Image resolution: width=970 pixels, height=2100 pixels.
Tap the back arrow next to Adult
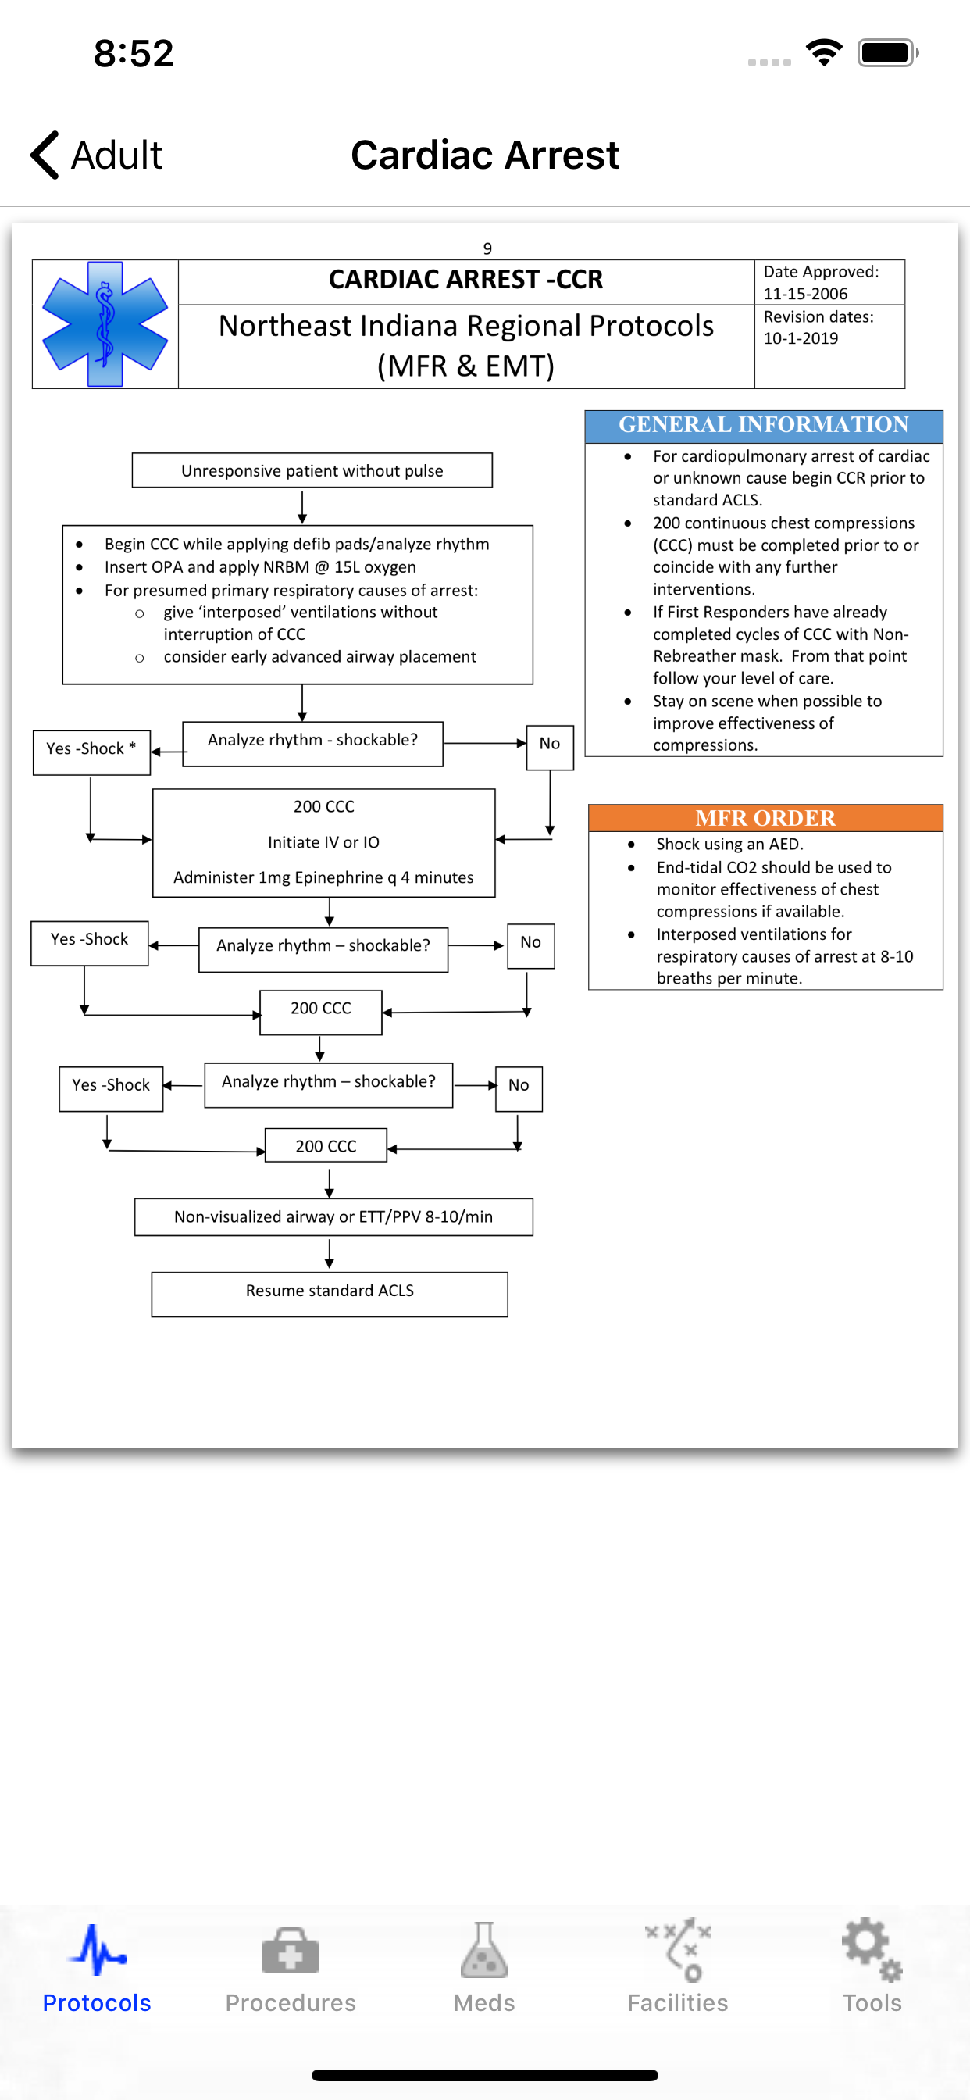pos(45,155)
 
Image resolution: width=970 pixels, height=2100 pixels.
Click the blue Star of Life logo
pos(105,323)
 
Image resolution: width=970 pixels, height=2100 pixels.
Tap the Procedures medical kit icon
pos(291,1950)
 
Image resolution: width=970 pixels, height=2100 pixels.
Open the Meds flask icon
pos(484,1949)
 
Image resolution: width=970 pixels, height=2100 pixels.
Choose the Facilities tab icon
pos(678,1949)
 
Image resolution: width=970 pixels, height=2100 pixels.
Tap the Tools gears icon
pos(872,1949)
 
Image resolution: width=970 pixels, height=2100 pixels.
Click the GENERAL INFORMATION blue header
pos(764,426)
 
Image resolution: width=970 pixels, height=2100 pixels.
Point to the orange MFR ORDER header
pos(765,818)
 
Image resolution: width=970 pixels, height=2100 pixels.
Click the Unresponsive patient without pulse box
pos(312,470)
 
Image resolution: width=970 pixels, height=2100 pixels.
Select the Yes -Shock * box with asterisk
pos(91,752)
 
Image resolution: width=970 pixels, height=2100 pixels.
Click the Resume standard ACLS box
pos(330,1294)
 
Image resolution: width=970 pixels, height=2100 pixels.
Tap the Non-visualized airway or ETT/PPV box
pos(333,1216)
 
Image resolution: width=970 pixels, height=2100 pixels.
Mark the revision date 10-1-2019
pos(801,338)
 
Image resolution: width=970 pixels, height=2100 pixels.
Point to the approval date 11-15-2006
pos(805,294)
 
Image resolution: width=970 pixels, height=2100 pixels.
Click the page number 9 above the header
pos(487,248)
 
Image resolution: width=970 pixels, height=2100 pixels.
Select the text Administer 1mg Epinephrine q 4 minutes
pos(323,877)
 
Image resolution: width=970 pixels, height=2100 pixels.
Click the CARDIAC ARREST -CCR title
pos(465,280)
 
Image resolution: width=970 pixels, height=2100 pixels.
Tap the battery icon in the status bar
pos(888,54)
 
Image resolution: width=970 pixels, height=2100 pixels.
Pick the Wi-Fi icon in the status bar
pos(824,54)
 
